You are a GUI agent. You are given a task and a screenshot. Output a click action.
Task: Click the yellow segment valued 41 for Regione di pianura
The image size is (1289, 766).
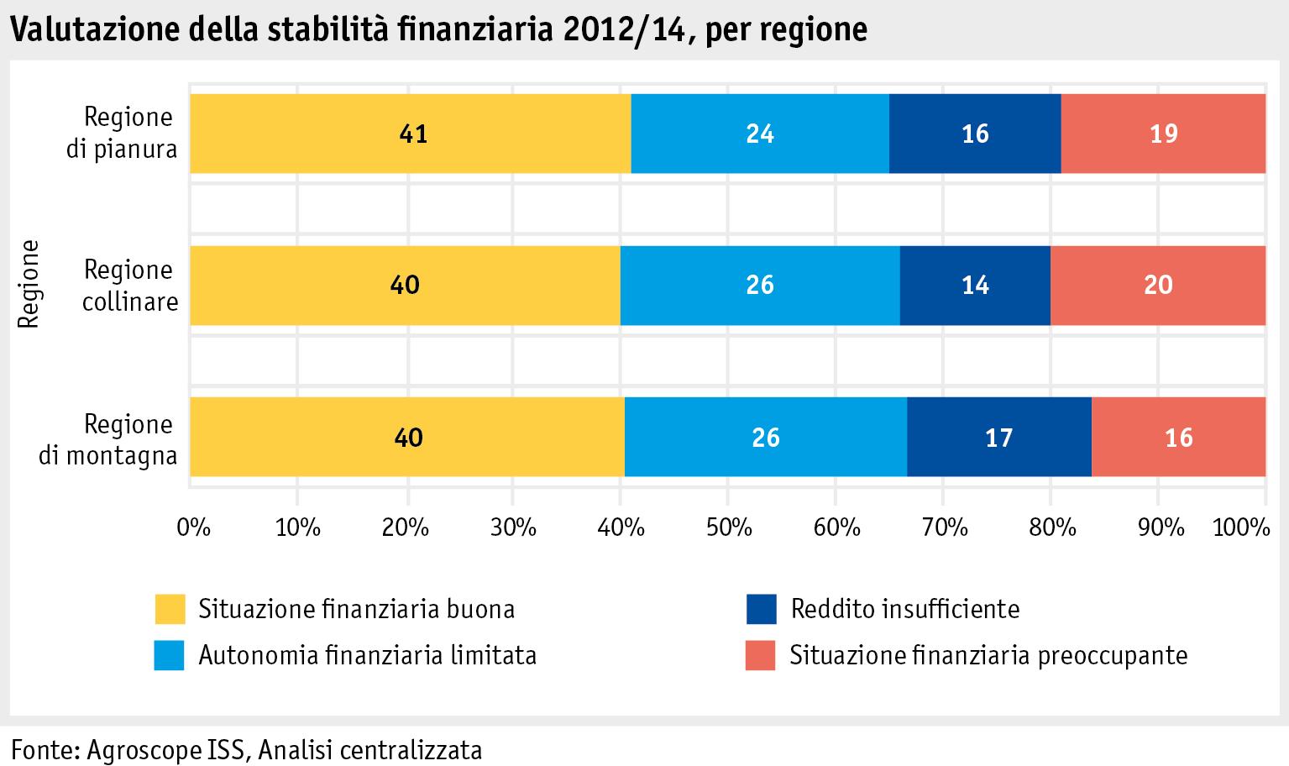[x=411, y=134]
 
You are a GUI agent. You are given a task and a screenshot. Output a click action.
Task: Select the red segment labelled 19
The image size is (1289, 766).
[x=1163, y=134]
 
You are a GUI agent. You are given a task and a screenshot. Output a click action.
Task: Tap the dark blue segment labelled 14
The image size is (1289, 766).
[x=975, y=286]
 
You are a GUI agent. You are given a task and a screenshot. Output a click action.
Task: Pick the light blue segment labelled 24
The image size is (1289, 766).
[x=760, y=134]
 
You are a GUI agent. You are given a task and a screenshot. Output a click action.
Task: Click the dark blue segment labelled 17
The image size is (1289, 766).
[x=998, y=438]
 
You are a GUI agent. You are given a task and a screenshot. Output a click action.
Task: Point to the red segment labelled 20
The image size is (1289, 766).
[x=1158, y=286]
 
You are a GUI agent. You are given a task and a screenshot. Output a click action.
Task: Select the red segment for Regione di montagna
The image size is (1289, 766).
[x=1179, y=438]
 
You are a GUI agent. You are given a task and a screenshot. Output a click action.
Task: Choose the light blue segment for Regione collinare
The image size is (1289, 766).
[x=760, y=286]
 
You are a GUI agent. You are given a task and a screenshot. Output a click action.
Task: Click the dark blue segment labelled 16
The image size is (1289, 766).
[x=975, y=134]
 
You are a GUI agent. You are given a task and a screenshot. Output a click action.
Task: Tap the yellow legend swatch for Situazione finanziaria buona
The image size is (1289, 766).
[x=170, y=609]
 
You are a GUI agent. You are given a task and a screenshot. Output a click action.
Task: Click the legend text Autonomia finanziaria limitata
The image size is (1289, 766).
[x=367, y=655]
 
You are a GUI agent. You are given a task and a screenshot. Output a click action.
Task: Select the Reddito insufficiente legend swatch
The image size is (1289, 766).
[x=761, y=609]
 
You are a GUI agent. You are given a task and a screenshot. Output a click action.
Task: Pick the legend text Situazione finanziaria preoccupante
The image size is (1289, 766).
[x=988, y=655]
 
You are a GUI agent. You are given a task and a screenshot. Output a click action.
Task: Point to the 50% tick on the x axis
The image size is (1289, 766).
[x=729, y=527]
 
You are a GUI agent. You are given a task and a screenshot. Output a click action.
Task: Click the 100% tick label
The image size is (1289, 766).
[x=1241, y=527]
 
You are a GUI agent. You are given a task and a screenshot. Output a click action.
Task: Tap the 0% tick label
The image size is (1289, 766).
[x=193, y=527]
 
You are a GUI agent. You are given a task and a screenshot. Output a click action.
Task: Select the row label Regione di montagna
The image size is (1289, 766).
[x=110, y=439]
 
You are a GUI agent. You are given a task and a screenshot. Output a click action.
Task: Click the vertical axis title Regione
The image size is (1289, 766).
[x=29, y=285]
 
